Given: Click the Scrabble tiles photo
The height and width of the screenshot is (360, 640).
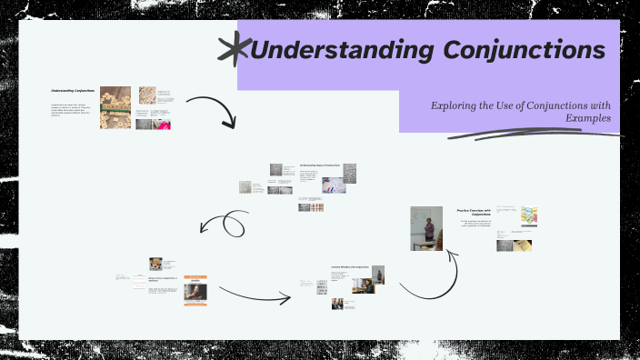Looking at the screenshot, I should pyautogui.click(x=115, y=107).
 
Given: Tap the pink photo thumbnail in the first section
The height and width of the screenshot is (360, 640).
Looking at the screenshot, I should pyautogui.click(x=164, y=124).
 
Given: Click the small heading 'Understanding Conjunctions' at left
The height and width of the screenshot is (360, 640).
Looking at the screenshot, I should pyautogui.click(x=73, y=91).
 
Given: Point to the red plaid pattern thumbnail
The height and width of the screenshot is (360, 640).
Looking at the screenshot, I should pyautogui.click(x=311, y=206).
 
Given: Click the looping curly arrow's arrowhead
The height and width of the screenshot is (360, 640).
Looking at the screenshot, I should pyautogui.click(x=206, y=229).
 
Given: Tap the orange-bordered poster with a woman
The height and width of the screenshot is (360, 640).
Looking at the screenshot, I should pyautogui.click(x=196, y=290).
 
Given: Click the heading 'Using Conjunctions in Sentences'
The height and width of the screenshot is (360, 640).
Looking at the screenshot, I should pyautogui.click(x=165, y=279).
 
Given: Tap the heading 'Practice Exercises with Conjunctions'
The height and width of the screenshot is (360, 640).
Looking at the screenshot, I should pyautogui.click(x=474, y=213).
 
